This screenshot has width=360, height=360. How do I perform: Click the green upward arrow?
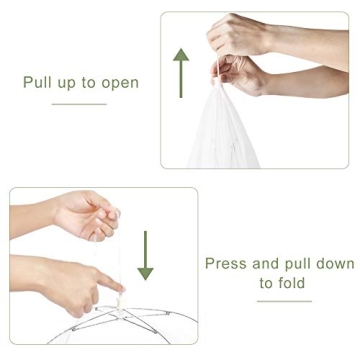pos(180,69)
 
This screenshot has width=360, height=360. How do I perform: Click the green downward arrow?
pos(146,256)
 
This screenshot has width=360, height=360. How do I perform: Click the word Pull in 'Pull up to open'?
pos(38,82)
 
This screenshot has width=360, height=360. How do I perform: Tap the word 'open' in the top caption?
pos(118,83)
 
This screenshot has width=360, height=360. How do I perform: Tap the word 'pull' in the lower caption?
pos(298,264)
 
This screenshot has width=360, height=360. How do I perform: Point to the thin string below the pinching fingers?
pos(112,255)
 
